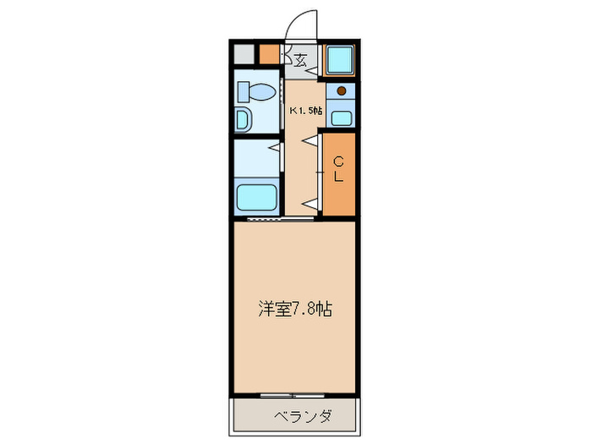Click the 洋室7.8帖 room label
(x=294, y=310)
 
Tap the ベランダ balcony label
(x=302, y=416)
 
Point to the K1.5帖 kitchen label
(x=306, y=111)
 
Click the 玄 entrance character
(x=301, y=59)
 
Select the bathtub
(x=257, y=198)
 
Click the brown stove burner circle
(x=342, y=91)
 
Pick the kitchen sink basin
(x=342, y=117)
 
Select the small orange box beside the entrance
(x=269, y=55)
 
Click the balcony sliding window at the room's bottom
(x=294, y=395)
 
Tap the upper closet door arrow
(x=311, y=140)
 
